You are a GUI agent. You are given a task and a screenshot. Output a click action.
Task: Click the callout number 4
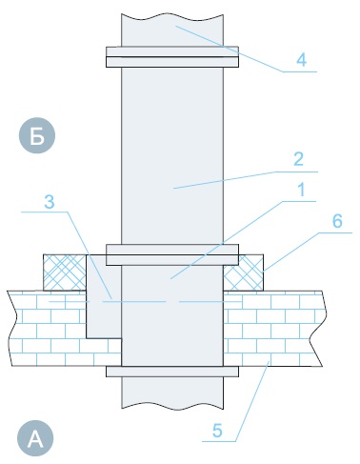click(x=301, y=60)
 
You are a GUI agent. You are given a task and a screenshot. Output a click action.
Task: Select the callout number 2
click(x=298, y=159)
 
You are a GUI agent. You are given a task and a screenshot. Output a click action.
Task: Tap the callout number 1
click(x=301, y=190)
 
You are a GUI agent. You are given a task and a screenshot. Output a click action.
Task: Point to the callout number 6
click(x=337, y=221)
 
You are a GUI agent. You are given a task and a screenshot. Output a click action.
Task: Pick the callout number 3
click(x=50, y=201)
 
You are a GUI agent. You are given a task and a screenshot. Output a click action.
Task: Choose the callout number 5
click(x=217, y=431)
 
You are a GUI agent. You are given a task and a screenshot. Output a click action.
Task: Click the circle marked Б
click(x=37, y=135)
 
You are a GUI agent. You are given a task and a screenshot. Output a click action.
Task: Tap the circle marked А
click(x=35, y=438)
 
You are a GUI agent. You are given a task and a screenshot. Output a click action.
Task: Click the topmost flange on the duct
click(x=172, y=57)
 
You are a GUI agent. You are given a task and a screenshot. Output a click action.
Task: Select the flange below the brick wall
click(x=172, y=372)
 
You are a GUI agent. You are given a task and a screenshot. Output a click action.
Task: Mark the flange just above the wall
click(x=172, y=254)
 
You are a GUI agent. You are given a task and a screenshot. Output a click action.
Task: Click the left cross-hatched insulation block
click(x=65, y=272)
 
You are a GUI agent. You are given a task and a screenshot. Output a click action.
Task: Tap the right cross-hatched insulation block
click(x=243, y=272)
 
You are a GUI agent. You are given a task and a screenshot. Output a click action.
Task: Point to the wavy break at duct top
click(x=172, y=16)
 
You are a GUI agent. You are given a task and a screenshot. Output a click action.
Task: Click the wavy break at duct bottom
click(x=172, y=407)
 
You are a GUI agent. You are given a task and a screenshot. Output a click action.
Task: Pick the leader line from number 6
click(x=307, y=252)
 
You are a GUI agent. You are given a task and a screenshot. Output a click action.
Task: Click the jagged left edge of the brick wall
click(x=12, y=329)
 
